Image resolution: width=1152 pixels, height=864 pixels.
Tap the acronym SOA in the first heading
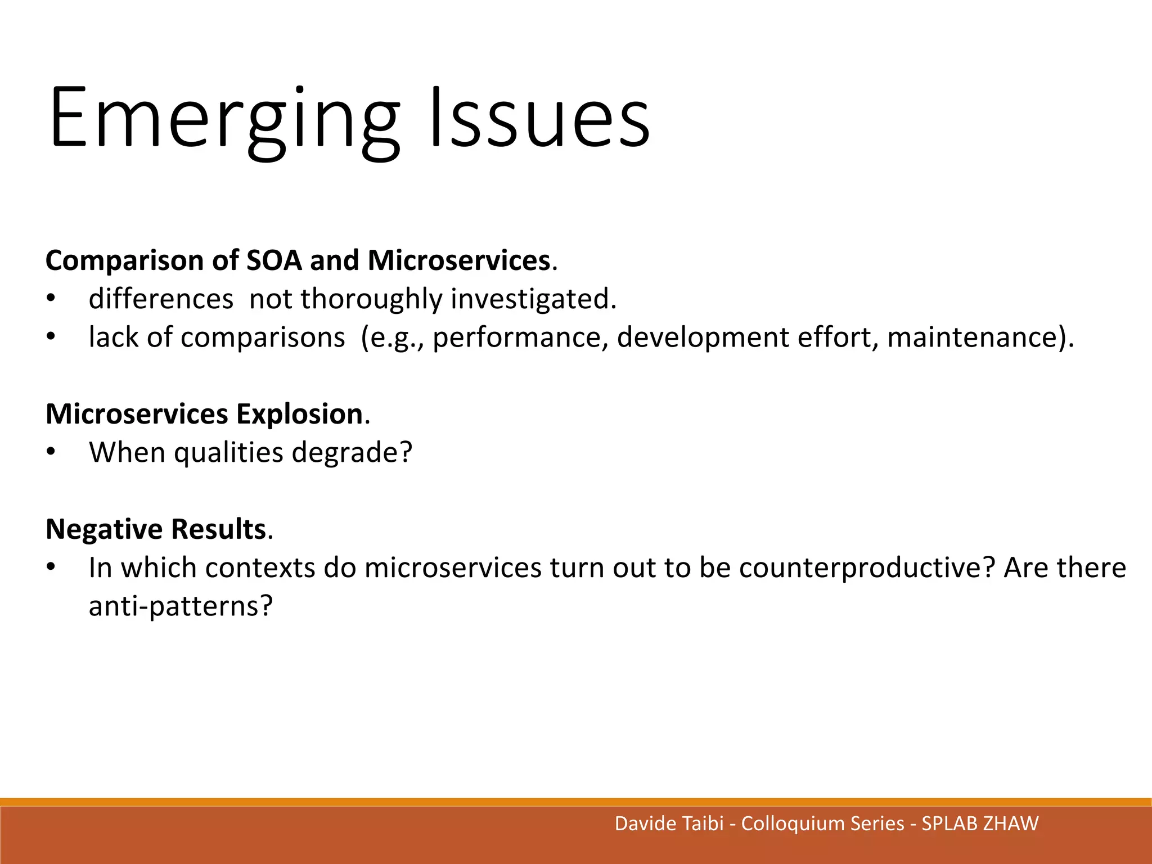coord(274,260)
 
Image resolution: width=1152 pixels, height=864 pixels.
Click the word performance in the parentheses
coord(520,337)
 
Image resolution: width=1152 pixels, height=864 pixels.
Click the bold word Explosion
coord(299,414)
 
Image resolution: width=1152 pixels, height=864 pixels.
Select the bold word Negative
coord(104,529)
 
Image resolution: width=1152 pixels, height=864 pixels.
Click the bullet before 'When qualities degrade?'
coord(51,452)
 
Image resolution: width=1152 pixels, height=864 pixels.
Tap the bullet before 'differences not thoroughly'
coord(51,299)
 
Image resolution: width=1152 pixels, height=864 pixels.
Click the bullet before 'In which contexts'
coord(51,568)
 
